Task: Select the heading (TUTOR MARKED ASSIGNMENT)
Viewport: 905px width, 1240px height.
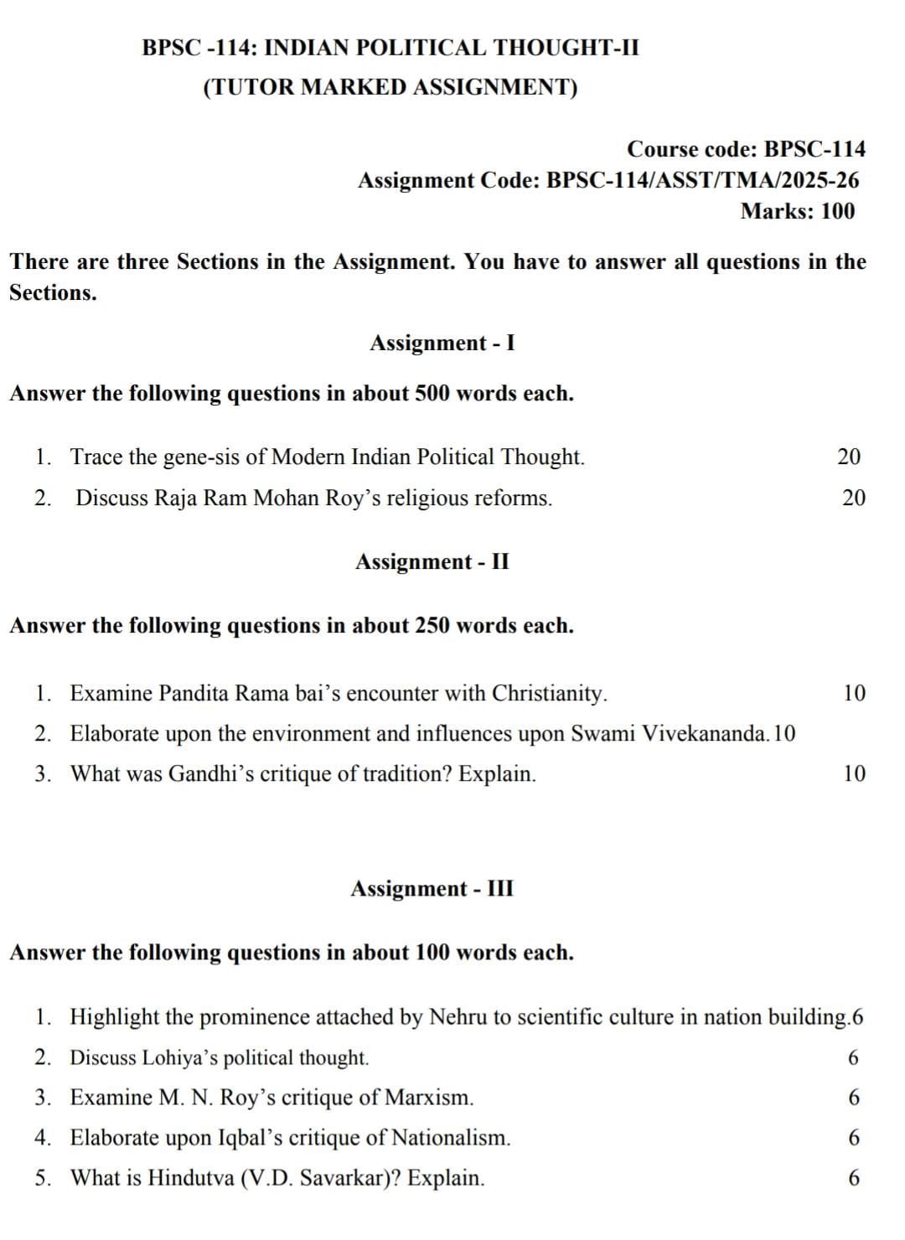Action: click(390, 88)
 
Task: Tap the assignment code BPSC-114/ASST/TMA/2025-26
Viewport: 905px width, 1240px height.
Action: click(702, 180)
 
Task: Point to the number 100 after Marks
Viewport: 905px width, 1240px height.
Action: click(838, 211)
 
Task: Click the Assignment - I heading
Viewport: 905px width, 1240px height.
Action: click(442, 343)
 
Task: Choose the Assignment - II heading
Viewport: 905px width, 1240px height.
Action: click(432, 561)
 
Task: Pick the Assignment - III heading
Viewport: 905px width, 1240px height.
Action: click(432, 888)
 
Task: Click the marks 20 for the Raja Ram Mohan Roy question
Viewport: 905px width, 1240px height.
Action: click(854, 498)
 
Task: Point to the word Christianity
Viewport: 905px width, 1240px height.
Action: click(549, 694)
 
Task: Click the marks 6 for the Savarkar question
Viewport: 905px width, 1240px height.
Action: click(854, 1178)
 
